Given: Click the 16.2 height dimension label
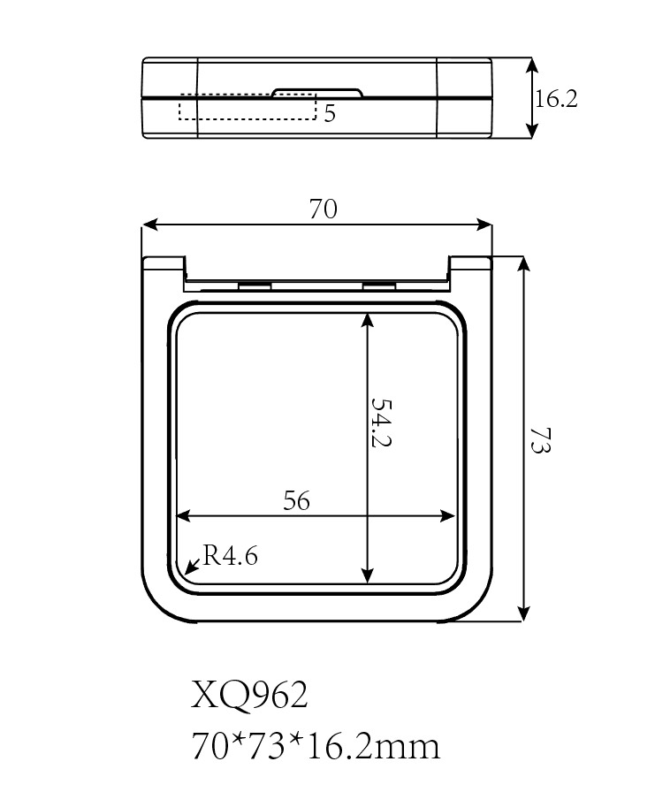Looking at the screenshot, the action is (556, 98).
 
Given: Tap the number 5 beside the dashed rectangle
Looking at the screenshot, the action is (329, 113).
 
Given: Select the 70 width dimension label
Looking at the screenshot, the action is (323, 209).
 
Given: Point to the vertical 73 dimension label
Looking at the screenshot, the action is (541, 440).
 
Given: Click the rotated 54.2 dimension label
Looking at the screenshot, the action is (381, 423).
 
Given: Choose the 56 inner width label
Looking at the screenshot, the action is (296, 500).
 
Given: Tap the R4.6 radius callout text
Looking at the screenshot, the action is (231, 556).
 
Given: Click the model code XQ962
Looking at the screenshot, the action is (249, 695).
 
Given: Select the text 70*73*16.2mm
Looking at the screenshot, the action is (316, 746).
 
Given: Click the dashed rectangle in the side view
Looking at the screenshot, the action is (248, 107).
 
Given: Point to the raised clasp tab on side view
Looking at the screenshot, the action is (317, 93).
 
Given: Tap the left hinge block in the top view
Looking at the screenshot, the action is (255, 286).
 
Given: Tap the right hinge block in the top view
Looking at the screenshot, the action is (378, 286).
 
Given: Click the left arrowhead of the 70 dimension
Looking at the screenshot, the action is (150, 225).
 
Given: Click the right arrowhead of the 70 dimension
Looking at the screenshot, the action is (484, 225).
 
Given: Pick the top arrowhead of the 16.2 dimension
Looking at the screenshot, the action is (531, 65).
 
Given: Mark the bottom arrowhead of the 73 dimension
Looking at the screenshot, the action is (525, 613).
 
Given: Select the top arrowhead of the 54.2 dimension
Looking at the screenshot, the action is (368, 320).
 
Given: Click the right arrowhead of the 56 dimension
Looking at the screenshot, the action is (448, 516).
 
